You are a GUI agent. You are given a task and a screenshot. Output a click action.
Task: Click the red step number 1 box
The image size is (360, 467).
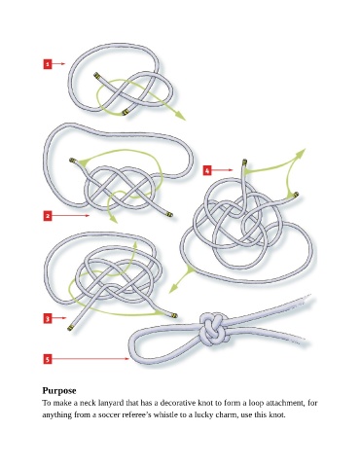pos(48,64)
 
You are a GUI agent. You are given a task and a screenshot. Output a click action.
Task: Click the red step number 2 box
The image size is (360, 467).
pos(48,216)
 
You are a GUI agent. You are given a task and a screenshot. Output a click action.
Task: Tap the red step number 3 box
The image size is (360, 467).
pos(48,318)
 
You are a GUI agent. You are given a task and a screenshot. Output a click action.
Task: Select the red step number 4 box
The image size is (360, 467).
pos(207,170)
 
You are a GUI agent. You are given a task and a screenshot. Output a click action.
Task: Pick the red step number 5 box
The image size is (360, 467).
pos(48,359)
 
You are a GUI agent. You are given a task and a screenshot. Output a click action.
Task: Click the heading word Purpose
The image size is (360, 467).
pos(59,390)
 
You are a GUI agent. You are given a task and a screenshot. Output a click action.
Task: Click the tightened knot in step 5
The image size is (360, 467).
pos(212,329)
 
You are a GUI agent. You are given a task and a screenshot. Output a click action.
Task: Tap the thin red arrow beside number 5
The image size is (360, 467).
pos(90,359)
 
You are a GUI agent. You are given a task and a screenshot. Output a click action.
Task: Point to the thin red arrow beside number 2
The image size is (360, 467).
pos(70,215)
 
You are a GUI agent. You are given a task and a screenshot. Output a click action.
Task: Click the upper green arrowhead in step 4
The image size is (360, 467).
pos(301,152)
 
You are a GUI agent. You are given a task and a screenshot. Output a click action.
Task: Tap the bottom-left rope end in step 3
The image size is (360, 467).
pos(70,328)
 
